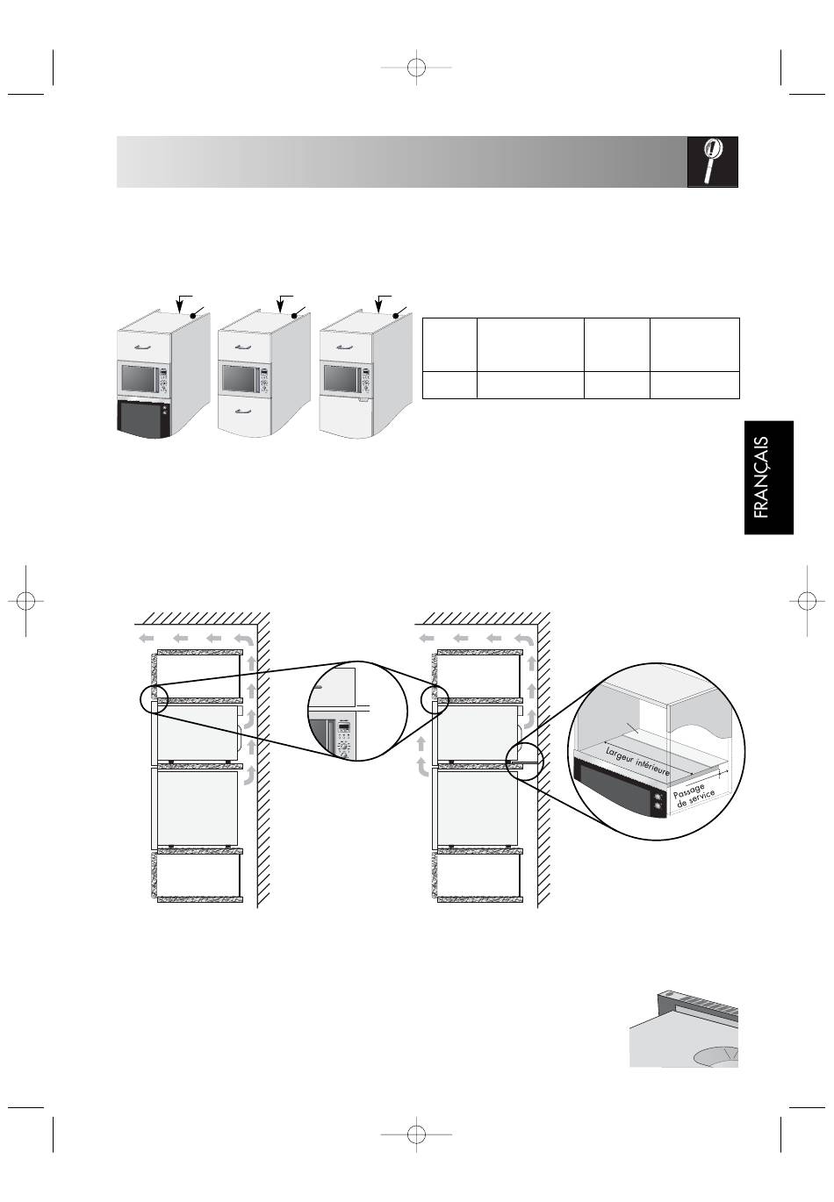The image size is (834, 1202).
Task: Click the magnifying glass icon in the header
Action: click(712, 161)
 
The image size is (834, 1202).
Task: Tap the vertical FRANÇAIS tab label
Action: click(761, 477)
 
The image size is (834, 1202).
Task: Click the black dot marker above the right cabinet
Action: click(396, 316)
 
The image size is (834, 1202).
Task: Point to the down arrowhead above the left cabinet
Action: click(179, 308)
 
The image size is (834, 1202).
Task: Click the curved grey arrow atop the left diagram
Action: click(243, 640)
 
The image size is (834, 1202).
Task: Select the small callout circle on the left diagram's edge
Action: click(155, 700)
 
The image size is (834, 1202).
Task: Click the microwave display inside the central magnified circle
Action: click(344, 728)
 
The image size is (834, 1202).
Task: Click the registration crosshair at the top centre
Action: click(416, 68)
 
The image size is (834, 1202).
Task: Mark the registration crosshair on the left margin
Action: click(25, 601)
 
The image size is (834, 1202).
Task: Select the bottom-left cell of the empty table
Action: click(449, 385)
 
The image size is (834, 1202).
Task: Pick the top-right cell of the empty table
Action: click(694, 345)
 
